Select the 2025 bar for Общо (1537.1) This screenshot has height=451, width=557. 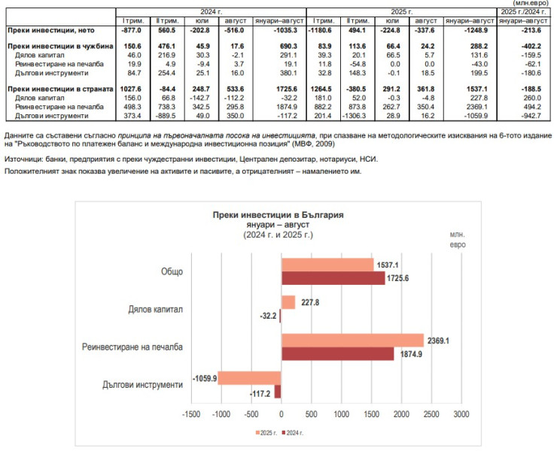(x=327, y=264)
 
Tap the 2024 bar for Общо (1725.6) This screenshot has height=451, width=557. (x=333, y=277)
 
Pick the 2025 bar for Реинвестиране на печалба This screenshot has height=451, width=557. (x=352, y=340)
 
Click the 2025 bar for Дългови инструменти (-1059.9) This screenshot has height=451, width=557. (x=249, y=377)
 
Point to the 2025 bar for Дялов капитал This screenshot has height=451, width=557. (x=288, y=302)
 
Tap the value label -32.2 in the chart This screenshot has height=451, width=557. (x=264, y=316)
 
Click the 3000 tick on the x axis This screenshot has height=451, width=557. (x=461, y=414)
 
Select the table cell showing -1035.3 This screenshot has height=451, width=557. (x=278, y=30)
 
